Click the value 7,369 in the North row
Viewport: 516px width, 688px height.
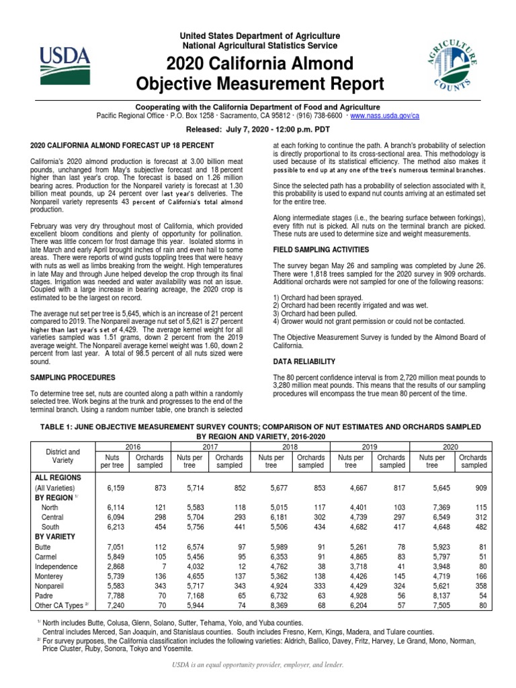(431, 508)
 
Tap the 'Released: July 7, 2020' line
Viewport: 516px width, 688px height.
(259, 130)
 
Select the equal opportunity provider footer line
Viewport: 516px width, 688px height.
(259, 665)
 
